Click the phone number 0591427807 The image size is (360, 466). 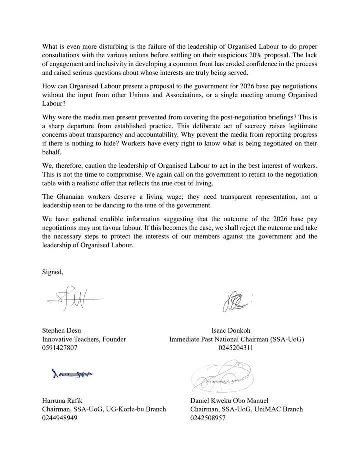59,348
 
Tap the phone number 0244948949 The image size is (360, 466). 59,419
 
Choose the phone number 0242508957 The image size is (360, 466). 208,419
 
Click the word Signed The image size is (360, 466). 52,272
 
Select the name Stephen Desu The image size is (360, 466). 61,330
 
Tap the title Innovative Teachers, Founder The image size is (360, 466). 83,339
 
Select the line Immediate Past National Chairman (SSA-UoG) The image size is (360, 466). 236,339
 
